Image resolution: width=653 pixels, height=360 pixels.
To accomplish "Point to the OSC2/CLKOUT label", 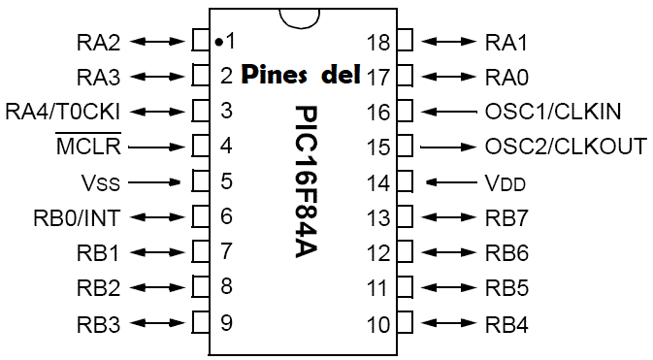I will [565, 147].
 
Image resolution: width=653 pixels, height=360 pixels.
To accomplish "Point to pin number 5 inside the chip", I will [226, 181].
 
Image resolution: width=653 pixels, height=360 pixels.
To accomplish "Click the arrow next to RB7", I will [449, 217].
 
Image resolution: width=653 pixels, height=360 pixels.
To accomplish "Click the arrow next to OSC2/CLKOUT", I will [449, 147].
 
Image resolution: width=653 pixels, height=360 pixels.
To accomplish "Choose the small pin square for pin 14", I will [406, 182].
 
